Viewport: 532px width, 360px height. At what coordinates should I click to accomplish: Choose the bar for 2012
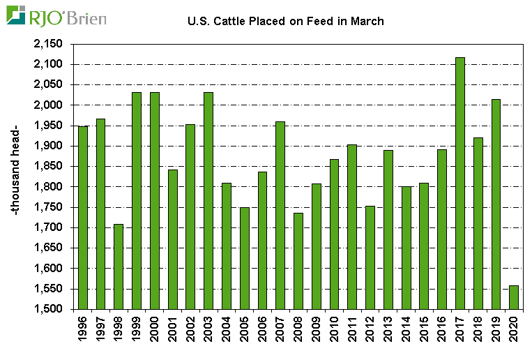point(370,257)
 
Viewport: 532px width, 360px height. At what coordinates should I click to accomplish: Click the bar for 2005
point(245,258)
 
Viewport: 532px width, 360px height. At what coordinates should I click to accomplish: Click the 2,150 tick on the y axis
point(48,44)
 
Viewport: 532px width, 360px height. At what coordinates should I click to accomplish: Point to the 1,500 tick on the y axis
point(48,309)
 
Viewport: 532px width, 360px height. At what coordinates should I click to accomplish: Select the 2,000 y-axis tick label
point(48,105)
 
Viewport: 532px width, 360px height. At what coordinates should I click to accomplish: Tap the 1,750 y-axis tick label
point(48,207)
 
